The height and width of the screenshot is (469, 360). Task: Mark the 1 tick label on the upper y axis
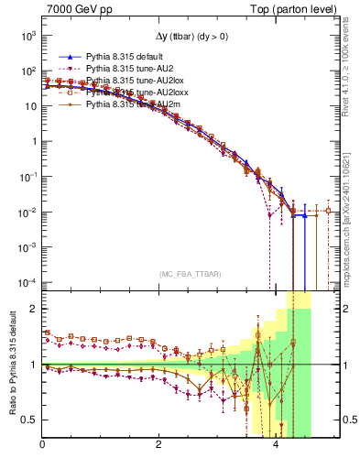pyautogui.click(x=33, y=142)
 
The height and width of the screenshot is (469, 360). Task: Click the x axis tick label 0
pyautogui.click(x=43, y=445)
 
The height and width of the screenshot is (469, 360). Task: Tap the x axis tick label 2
pyautogui.click(x=160, y=445)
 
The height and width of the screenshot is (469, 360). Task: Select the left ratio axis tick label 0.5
pyautogui.click(x=30, y=420)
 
